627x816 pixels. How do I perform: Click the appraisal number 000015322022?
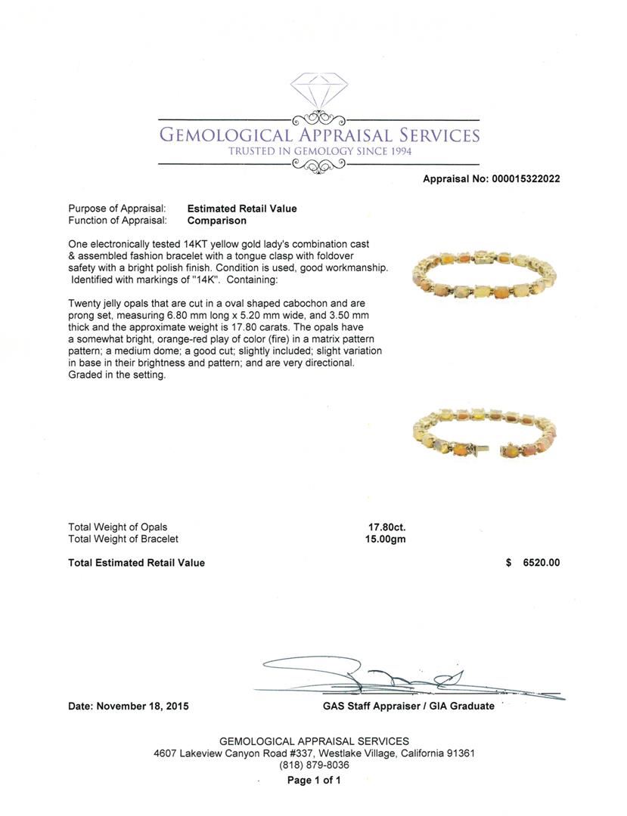point(526,179)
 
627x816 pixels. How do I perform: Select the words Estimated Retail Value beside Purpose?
point(242,209)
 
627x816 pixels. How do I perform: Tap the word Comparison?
point(216,221)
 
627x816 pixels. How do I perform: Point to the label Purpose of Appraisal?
point(117,209)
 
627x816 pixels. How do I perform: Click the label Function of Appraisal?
point(117,221)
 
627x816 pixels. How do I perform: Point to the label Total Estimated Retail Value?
point(136,562)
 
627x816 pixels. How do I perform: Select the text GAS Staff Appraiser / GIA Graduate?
point(408,706)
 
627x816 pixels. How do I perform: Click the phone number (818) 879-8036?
point(314,765)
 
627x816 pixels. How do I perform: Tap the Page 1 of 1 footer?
point(314,780)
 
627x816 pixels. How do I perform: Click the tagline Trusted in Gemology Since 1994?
point(318,151)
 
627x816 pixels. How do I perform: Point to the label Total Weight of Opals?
point(118,527)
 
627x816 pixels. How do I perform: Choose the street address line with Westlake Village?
point(314,753)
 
